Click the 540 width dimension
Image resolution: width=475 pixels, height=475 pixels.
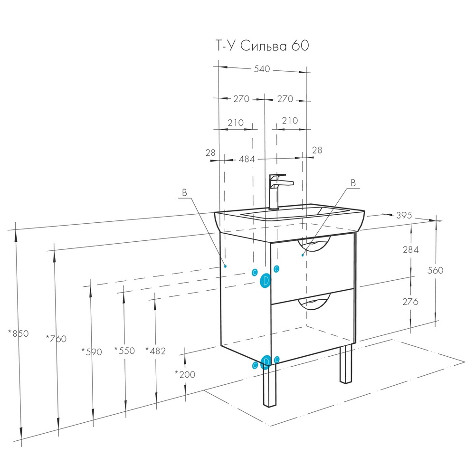click(262, 69)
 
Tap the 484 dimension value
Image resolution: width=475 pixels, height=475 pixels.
click(247, 159)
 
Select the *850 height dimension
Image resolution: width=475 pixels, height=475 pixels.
click(18, 333)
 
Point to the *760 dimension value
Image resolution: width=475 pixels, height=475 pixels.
click(56, 338)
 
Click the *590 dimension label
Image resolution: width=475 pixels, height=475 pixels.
click(92, 351)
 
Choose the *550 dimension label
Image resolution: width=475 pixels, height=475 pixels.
click(124, 351)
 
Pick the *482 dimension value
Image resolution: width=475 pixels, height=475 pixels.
click(156, 351)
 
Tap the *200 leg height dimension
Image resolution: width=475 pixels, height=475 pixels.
click(185, 374)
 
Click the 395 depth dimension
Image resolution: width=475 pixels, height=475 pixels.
click(404, 215)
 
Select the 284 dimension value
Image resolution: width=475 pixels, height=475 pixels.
click(411, 249)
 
